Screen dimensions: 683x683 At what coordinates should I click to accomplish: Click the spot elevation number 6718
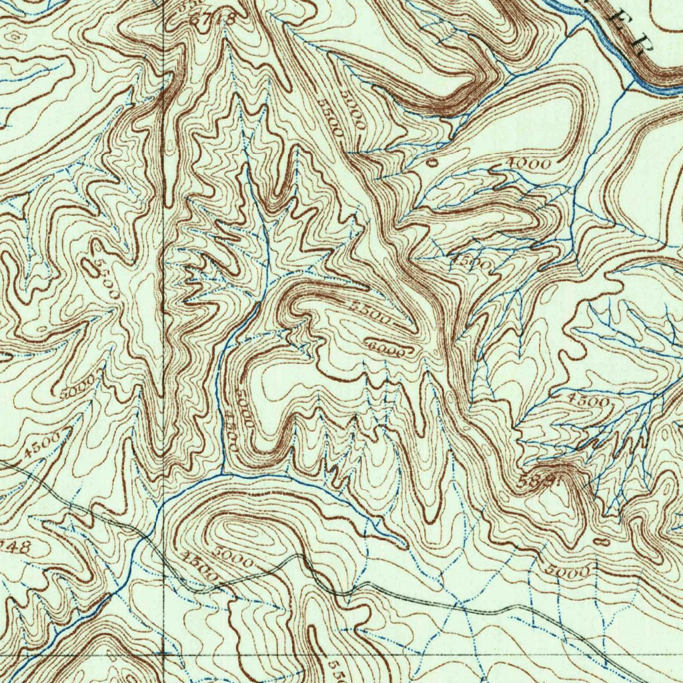[212, 19]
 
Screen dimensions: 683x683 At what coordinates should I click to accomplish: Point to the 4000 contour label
[528, 164]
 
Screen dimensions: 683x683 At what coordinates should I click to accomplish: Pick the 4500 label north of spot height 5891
[588, 401]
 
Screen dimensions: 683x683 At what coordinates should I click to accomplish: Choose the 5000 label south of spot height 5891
[568, 572]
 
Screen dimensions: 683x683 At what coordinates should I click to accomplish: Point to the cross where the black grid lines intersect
[164, 654]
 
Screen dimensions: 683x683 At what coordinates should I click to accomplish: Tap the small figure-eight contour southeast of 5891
[600, 543]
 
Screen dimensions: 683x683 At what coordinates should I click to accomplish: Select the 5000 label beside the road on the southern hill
[235, 558]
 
